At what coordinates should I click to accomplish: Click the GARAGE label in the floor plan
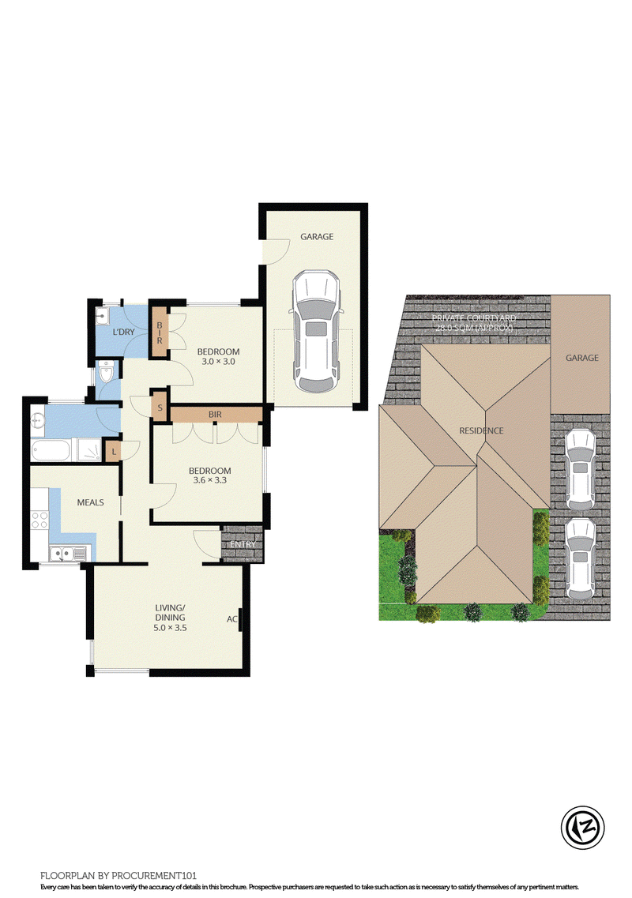click(317, 236)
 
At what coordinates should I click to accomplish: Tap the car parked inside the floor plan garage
click(316, 332)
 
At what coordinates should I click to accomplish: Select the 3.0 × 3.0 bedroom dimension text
click(218, 362)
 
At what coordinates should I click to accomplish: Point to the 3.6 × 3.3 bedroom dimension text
click(209, 480)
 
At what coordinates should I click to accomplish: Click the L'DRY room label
click(124, 333)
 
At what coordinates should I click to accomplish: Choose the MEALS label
click(91, 502)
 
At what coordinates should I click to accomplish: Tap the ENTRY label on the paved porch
click(243, 544)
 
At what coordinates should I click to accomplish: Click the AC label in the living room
click(232, 619)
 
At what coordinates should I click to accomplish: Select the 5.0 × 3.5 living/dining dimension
click(170, 628)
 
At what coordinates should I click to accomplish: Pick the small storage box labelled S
click(160, 408)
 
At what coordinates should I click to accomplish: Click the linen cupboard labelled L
click(114, 452)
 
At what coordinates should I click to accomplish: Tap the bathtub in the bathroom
click(51, 451)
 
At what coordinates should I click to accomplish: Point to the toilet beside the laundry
click(106, 373)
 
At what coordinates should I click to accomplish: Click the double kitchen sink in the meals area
click(68, 554)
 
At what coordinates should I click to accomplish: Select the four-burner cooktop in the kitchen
click(39, 520)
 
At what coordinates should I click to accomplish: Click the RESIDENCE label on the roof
click(481, 430)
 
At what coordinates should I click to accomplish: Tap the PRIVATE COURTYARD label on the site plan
click(474, 318)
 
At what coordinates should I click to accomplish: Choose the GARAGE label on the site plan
click(582, 358)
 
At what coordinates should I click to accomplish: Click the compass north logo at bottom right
click(583, 827)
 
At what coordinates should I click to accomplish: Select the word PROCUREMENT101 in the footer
click(154, 876)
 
